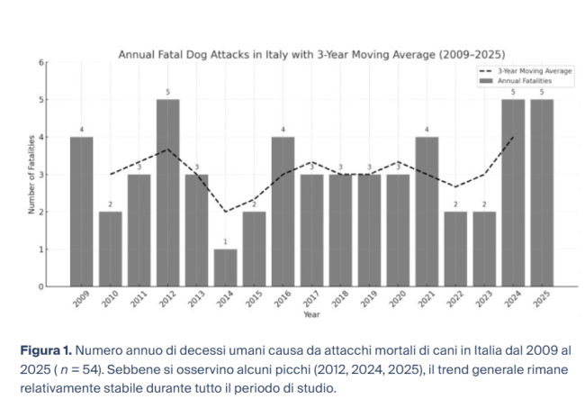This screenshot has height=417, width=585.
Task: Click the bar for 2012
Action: tap(167, 193)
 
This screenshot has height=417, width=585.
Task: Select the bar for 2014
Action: tap(225, 267)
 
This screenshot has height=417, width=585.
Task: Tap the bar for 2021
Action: tap(427, 212)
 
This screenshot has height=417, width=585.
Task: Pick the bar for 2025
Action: tap(542, 193)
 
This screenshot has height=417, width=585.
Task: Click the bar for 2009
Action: tap(81, 212)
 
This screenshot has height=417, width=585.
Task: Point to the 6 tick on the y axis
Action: tap(40, 62)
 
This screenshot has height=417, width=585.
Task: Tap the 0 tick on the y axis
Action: tap(40, 286)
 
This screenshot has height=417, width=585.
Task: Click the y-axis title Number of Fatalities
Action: tap(31, 174)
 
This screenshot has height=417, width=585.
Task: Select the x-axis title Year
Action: tap(310, 315)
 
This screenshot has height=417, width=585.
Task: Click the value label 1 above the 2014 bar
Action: tap(225, 242)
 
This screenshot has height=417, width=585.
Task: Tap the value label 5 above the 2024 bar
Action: tap(513, 93)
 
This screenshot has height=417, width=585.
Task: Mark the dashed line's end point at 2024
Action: tap(513, 137)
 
